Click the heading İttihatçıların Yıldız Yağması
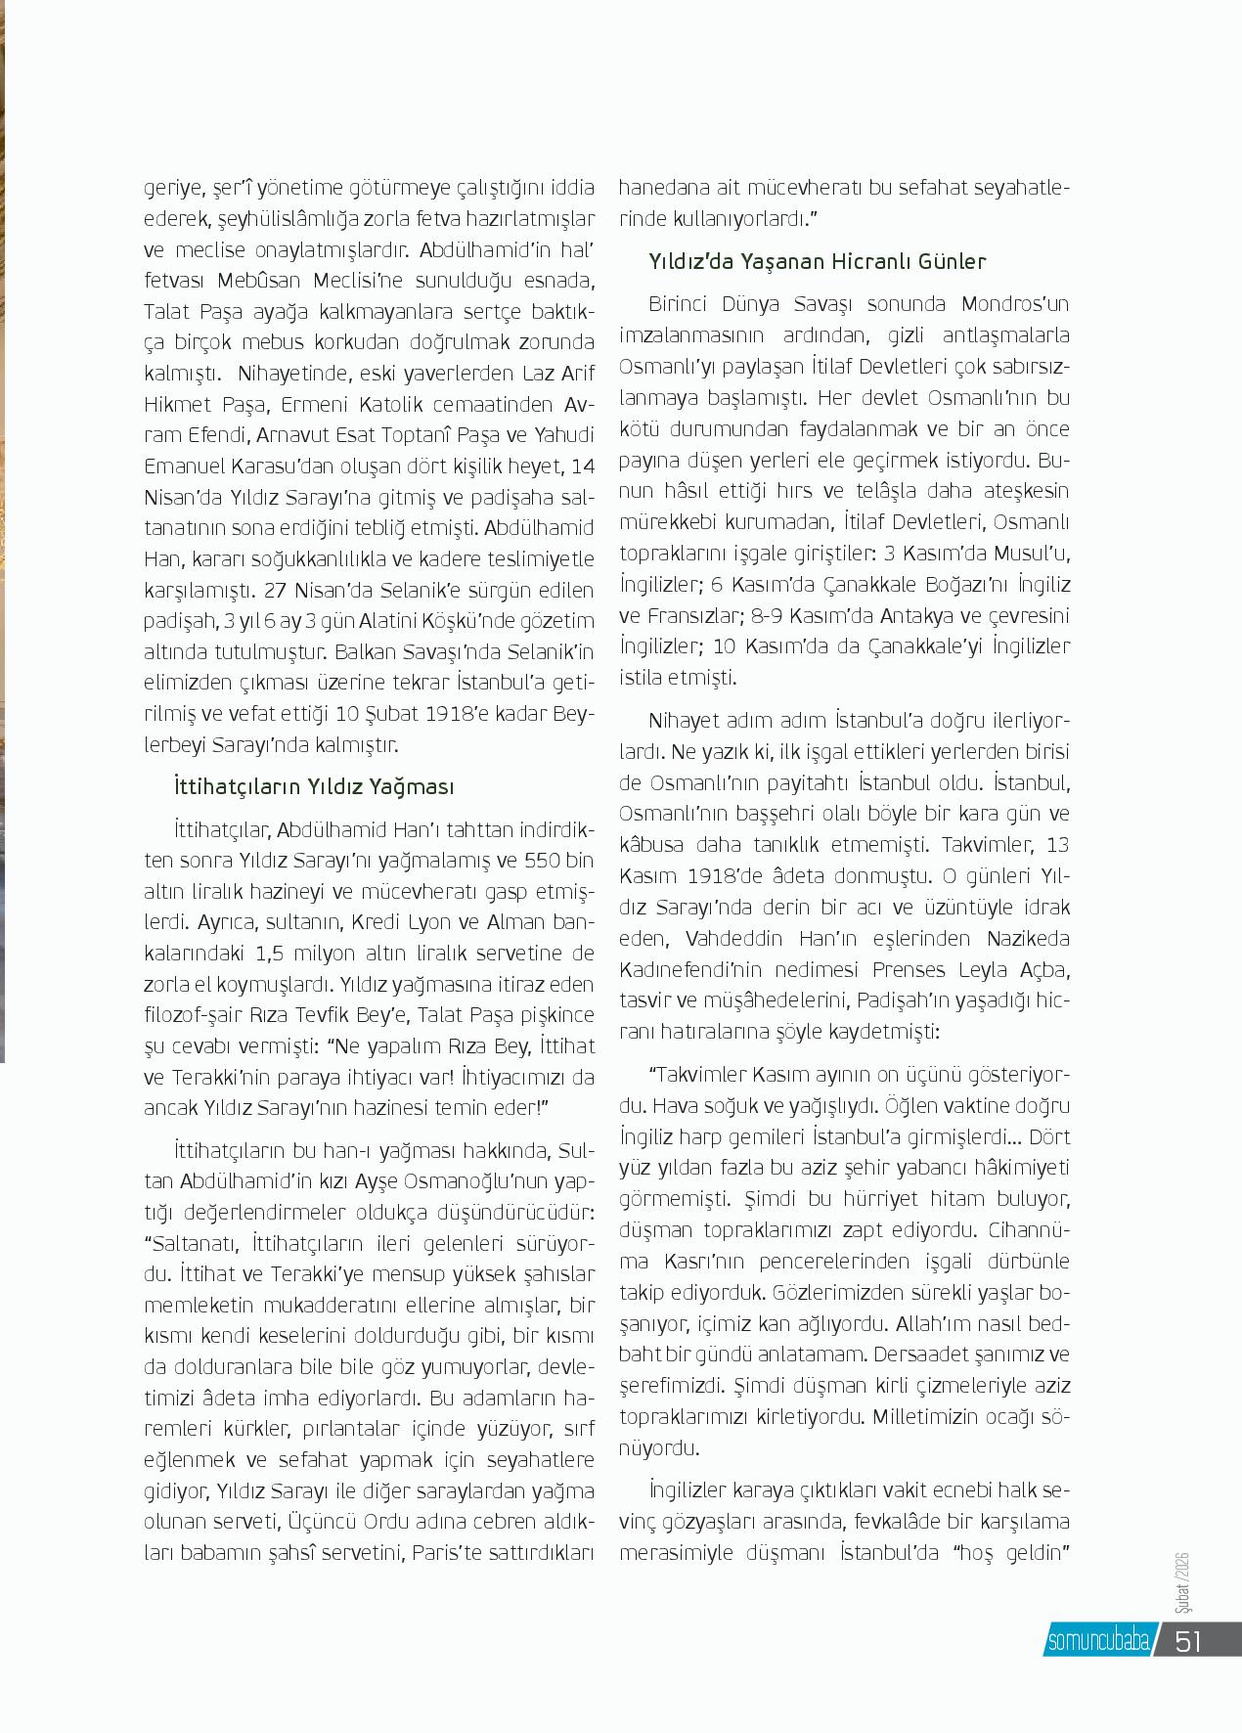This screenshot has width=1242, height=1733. coord(313,787)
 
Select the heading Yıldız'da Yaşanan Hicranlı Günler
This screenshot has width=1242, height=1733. coord(817,262)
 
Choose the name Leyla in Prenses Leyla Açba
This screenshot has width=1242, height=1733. coord(983,970)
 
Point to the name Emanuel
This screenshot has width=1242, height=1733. coord(187,467)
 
